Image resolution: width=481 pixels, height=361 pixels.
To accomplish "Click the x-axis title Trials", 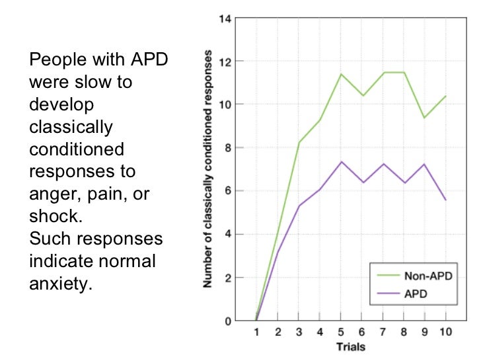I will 351,346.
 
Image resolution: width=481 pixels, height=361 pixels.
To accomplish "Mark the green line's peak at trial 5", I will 341,74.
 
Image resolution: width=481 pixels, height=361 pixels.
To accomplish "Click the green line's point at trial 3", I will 299,143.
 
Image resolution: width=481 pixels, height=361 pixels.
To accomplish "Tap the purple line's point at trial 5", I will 341,162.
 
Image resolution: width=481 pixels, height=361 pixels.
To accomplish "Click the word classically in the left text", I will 71,126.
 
